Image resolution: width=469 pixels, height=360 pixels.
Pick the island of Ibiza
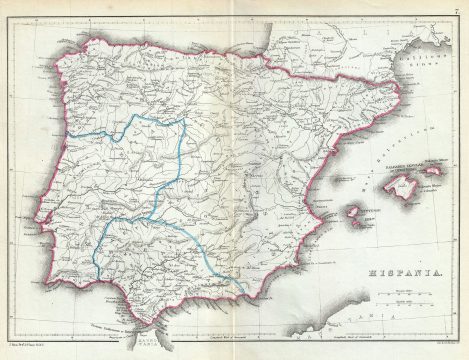point(353,213)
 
